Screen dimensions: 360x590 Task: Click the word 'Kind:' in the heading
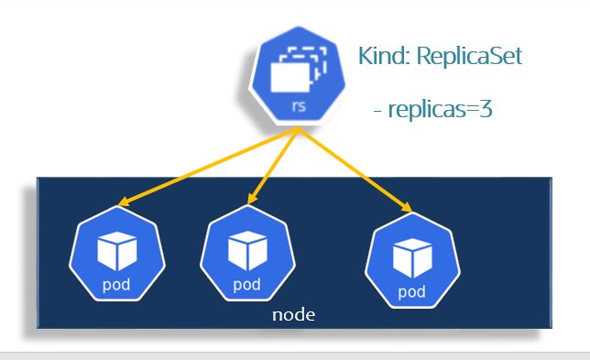coord(383,57)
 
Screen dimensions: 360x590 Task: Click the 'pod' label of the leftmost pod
coord(117,283)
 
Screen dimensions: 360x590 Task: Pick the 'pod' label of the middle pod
coord(246,283)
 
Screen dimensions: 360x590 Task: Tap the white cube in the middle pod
coord(246,248)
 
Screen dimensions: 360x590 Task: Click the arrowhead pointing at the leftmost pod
coord(124,205)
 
